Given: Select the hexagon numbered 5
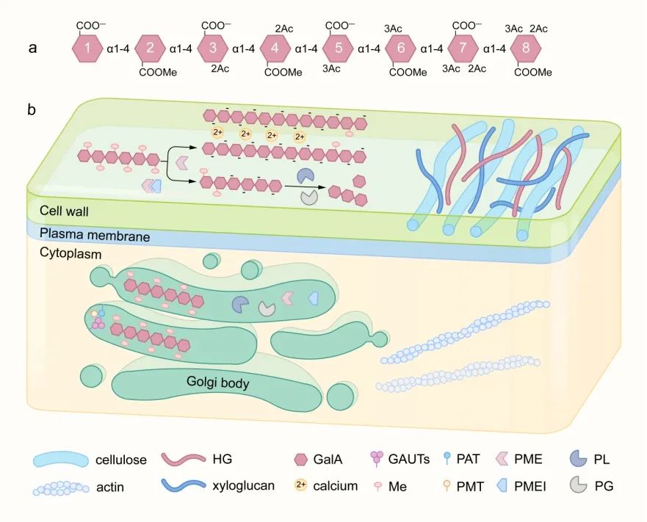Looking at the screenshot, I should pos(338,49).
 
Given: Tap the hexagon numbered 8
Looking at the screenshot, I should pos(526,49).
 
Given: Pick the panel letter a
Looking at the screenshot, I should pos(32,49).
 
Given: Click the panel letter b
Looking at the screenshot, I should pos(32,110).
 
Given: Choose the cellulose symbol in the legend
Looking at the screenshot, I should pos(60,460).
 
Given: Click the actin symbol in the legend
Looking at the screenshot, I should pos(60,486).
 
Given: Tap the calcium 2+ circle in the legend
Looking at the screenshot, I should pos(300,485).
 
